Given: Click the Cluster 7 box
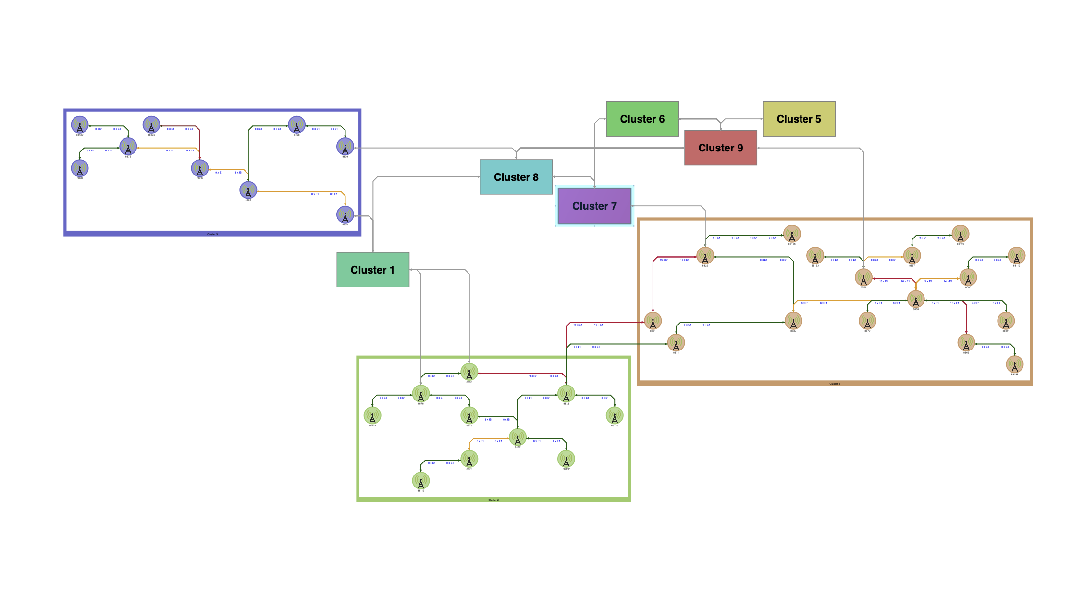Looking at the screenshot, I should [594, 206].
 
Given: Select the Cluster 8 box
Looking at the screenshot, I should [516, 177].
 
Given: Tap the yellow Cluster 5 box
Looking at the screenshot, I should [799, 119].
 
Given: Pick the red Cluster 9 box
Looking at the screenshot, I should [720, 148].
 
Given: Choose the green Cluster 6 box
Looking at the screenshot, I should [642, 119].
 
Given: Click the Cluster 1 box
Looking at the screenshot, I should [372, 270].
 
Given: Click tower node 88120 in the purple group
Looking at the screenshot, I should [80, 125].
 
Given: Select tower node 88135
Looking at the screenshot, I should [151, 125].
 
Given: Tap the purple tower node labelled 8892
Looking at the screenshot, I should [345, 215].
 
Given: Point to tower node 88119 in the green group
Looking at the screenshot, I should [420, 481].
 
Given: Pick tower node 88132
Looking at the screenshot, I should [566, 459].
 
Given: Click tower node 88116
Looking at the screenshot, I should [615, 415].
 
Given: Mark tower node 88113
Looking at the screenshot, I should [372, 415].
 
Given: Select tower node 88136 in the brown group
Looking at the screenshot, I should [792, 234].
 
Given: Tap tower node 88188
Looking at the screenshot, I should [1014, 364].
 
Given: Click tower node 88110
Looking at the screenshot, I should [960, 234].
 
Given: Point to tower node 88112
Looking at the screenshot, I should [1016, 256].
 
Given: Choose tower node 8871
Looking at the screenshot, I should [676, 343].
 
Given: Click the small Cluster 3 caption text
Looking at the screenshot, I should [212, 234].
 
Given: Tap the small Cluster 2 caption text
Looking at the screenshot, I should [493, 500].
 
